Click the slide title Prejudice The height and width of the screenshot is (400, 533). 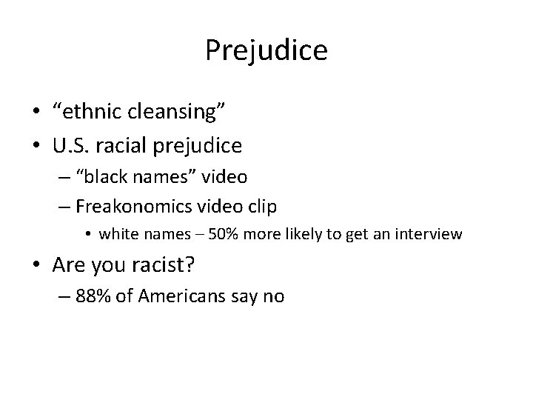[266, 50]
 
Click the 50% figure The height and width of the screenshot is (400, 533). [224, 235]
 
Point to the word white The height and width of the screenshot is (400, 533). [118, 235]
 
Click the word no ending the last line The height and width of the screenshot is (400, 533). [273, 297]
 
